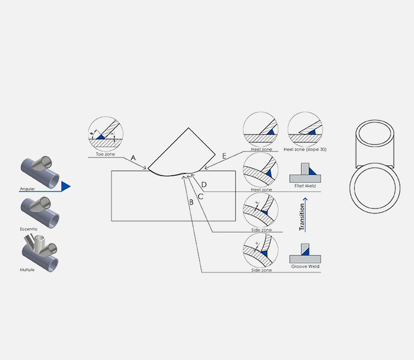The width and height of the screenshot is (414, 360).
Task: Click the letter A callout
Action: pyautogui.click(x=133, y=158)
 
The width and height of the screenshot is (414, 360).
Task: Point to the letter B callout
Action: pyautogui.click(x=191, y=202)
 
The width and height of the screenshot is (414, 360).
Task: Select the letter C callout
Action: pyautogui.click(x=201, y=195)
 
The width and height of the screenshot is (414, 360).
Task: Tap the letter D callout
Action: pyautogui.click(x=203, y=184)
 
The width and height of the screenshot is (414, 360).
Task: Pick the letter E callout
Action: pyautogui.click(x=224, y=156)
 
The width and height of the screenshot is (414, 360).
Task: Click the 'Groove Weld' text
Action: pyautogui.click(x=306, y=266)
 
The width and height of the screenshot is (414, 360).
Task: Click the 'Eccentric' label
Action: pyautogui.click(x=28, y=229)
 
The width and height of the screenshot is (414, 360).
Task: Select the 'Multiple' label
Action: pyautogui.click(x=27, y=270)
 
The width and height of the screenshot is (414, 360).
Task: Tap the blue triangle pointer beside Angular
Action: pyautogui.click(x=66, y=187)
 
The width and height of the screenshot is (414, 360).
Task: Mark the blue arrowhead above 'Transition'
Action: pyautogui.click(x=301, y=200)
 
